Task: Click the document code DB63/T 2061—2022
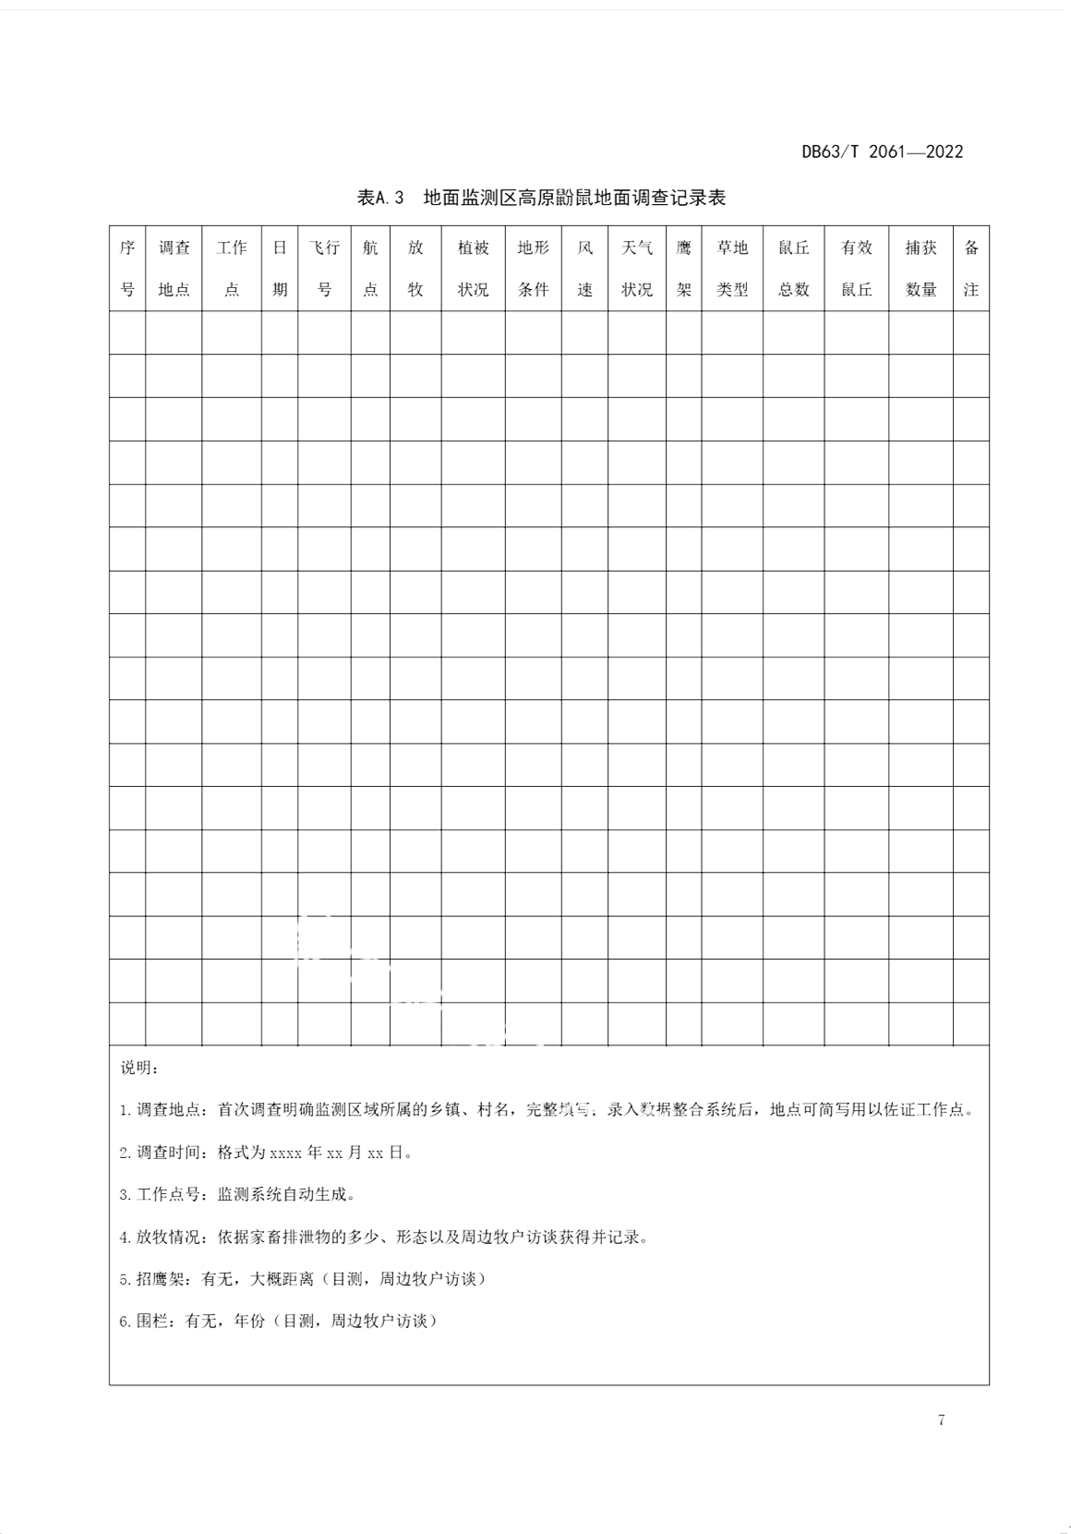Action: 882,152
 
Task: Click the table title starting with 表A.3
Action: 541,197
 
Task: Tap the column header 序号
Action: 127,268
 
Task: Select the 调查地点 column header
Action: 174,268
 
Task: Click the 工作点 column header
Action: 232,268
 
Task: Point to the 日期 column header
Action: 280,268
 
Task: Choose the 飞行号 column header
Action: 324,268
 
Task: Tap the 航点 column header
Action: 370,268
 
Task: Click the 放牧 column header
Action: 415,268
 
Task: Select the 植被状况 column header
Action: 473,268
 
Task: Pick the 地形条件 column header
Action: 533,268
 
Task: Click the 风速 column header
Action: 584,268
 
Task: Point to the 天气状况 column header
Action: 637,268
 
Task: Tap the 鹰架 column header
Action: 683,268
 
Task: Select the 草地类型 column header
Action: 732,268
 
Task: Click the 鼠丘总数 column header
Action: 794,268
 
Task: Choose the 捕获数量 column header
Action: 921,268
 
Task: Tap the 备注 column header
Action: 971,268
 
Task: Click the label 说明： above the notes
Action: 139,1068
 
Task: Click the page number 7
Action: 941,1419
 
